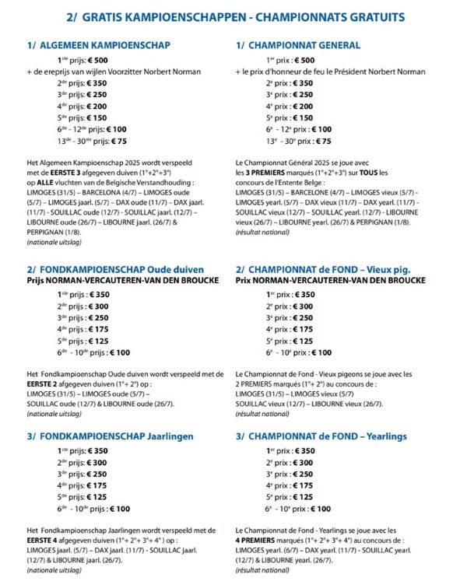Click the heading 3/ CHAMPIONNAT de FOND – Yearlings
tap(332, 436)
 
